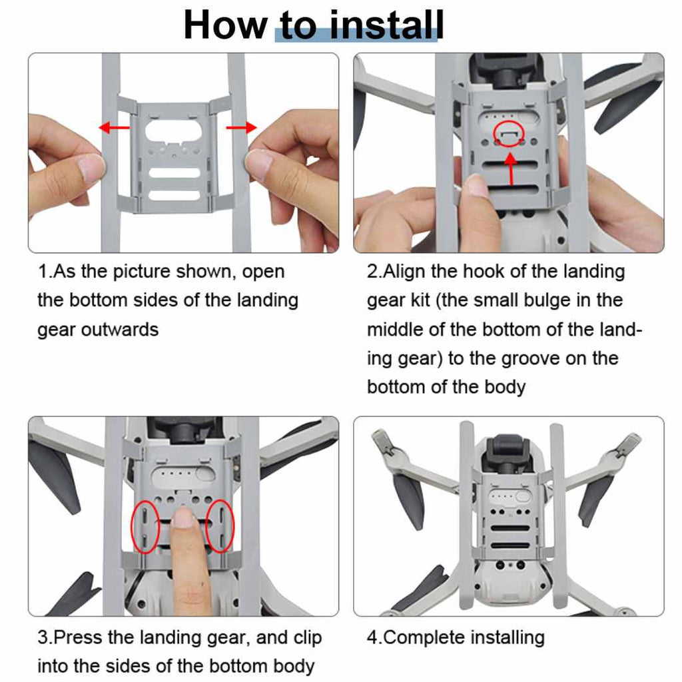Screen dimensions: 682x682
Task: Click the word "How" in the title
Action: tap(225, 25)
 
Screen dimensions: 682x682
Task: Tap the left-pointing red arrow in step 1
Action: tap(115, 127)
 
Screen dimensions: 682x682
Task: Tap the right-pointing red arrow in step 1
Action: tap(241, 127)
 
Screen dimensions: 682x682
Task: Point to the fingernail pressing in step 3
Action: tap(184, 517)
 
